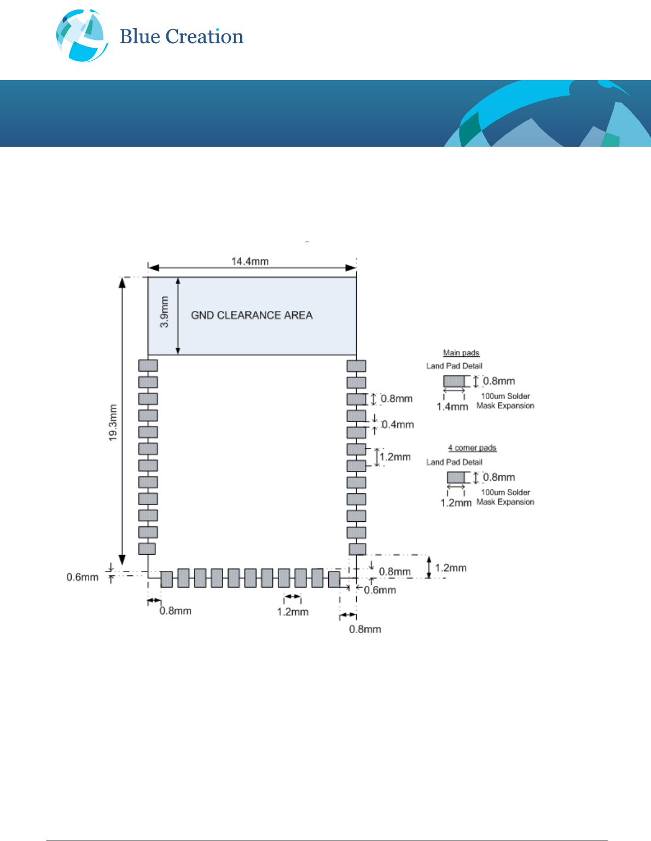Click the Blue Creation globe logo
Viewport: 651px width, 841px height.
click(82, 36)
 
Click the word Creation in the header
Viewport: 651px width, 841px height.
click(204, 37)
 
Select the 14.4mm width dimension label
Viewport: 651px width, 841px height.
click(250, 261)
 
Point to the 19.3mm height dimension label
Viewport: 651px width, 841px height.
click(113, 422)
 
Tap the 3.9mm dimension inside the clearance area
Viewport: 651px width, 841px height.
click(164, 312)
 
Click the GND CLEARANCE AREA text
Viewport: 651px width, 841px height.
click(252, 315)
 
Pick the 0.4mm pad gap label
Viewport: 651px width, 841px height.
click(398, 424)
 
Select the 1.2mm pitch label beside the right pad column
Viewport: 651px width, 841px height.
click(395, 457)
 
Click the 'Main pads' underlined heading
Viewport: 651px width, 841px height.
click(461, 353)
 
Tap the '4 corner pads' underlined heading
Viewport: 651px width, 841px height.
click(472, 448)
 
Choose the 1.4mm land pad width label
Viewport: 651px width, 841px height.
click(452, 406)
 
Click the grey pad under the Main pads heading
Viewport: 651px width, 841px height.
click(454, 381)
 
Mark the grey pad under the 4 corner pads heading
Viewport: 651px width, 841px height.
click(456, 477)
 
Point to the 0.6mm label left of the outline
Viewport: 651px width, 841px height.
click(83, 577)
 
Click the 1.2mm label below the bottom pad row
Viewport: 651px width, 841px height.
click(293, 612)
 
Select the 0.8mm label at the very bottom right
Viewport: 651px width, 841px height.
click(365, 629)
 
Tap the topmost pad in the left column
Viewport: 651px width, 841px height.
click(148, 365)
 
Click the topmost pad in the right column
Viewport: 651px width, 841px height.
click(356, 365)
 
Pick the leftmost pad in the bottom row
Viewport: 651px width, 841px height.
click(166, 579)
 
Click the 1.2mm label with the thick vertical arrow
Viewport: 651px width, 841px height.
click(451, 568)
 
